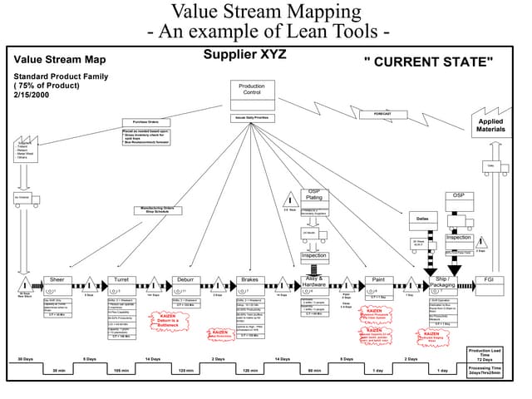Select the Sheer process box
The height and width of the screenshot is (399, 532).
(57, 280)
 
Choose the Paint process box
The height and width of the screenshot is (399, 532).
(378, 280)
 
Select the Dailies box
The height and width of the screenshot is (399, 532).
(422, 218)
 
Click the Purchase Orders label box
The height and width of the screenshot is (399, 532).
(146, 122)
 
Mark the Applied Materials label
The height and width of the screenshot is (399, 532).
(491, 125)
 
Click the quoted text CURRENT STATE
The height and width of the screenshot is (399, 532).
(429, 62)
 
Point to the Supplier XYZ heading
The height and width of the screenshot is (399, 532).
(246, 55)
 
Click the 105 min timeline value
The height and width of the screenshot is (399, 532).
(121, 371)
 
